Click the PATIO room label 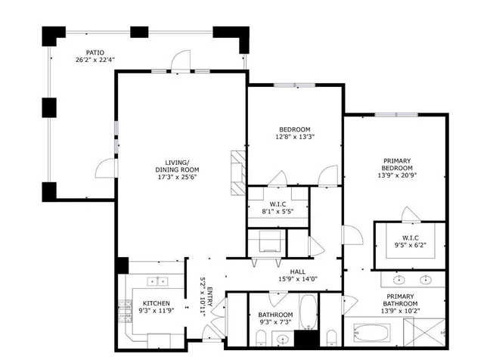pyautogui.click(x=95, y=53)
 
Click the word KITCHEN pyautogui.click(x=157, y=304)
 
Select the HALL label pyautogui.click(x=298, y=272)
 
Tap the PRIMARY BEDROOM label pyautogui.click(x=397, y=164)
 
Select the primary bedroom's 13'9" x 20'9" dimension pyautogui.click(x=397, y=175)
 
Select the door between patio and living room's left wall pyautogui.click(x=106, y=168)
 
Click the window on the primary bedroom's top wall pyautogui.click(x=396, y=115)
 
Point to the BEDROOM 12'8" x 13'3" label pyautogui.click(x=294, y=129)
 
